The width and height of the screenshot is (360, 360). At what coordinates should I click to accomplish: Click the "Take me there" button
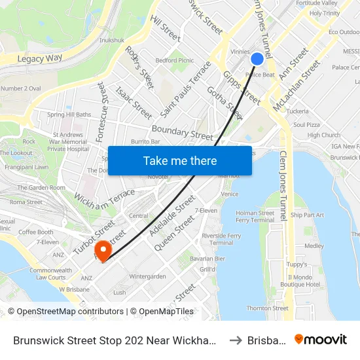[x=180, y=160]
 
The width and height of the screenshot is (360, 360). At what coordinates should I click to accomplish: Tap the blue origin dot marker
[x=257, y=59]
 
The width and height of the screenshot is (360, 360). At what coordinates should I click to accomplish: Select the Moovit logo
[x=321, y=340]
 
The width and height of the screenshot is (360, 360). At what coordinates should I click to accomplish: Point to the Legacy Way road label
[x=39, y=59]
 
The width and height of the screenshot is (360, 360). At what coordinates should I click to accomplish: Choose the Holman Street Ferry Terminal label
[x=255, y=217]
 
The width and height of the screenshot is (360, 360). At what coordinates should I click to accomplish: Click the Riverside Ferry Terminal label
[x=221, y=239]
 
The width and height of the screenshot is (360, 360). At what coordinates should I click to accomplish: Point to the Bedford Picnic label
[x=174, y=60]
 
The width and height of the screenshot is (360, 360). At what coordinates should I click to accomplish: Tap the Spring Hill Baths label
[x=69, y=115]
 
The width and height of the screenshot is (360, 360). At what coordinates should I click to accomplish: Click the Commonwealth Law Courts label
[x=50, y=274]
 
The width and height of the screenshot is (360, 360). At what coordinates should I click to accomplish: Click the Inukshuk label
[x=111, y=40]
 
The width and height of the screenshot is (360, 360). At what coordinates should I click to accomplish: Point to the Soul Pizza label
[x=306, y=124]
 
